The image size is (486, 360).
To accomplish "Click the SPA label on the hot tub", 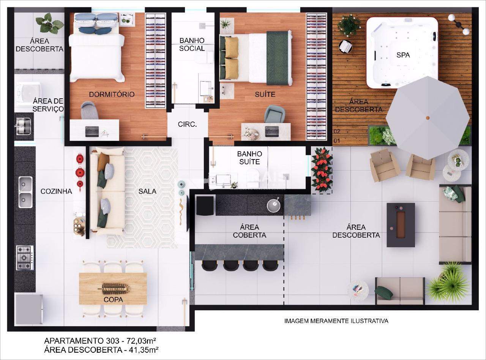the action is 403,55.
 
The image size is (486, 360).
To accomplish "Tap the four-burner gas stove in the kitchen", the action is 25,257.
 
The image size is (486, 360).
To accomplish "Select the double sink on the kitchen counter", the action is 25,192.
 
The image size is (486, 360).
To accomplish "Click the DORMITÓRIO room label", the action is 112,94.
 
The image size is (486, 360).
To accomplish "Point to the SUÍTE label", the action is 265,94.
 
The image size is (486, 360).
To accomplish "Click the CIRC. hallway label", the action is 187,124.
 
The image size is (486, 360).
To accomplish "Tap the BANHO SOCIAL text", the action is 192,44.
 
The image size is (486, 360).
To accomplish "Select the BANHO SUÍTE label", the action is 249,158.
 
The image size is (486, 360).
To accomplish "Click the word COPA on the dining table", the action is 113,300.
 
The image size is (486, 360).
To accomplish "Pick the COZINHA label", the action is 56,191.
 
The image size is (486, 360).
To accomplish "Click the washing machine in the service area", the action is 29,94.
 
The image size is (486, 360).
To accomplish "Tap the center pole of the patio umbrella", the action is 428,118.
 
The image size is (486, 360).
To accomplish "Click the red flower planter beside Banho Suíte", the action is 322,170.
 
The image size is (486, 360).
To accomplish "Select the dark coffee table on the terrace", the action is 401,225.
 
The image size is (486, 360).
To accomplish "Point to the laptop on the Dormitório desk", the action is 92,131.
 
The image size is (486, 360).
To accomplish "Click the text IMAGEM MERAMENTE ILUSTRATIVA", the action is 336,321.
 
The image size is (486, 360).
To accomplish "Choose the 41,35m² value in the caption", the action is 144,350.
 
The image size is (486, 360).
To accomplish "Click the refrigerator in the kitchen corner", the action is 29,309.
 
